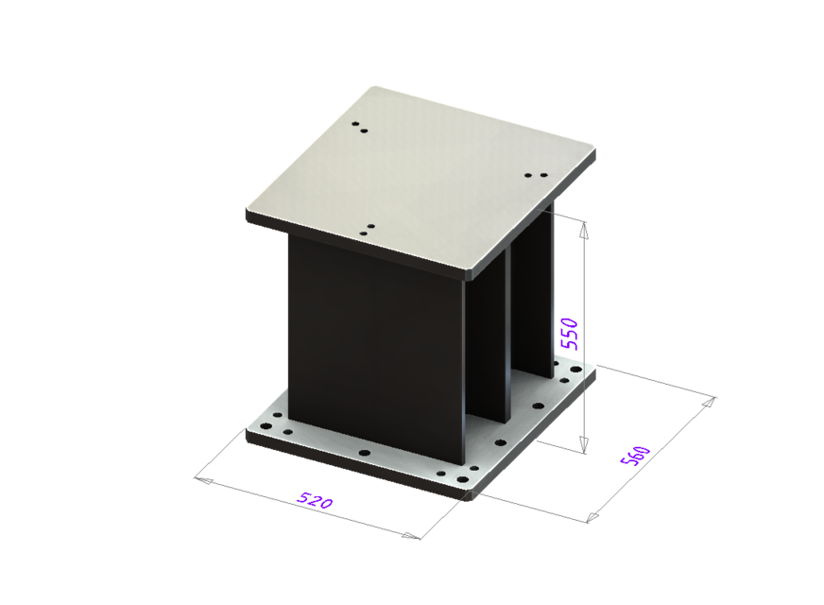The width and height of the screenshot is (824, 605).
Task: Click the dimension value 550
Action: point(569,334)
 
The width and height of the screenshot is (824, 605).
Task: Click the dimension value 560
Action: point(633,455)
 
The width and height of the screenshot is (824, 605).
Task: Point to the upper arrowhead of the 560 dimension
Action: point(708,403)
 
